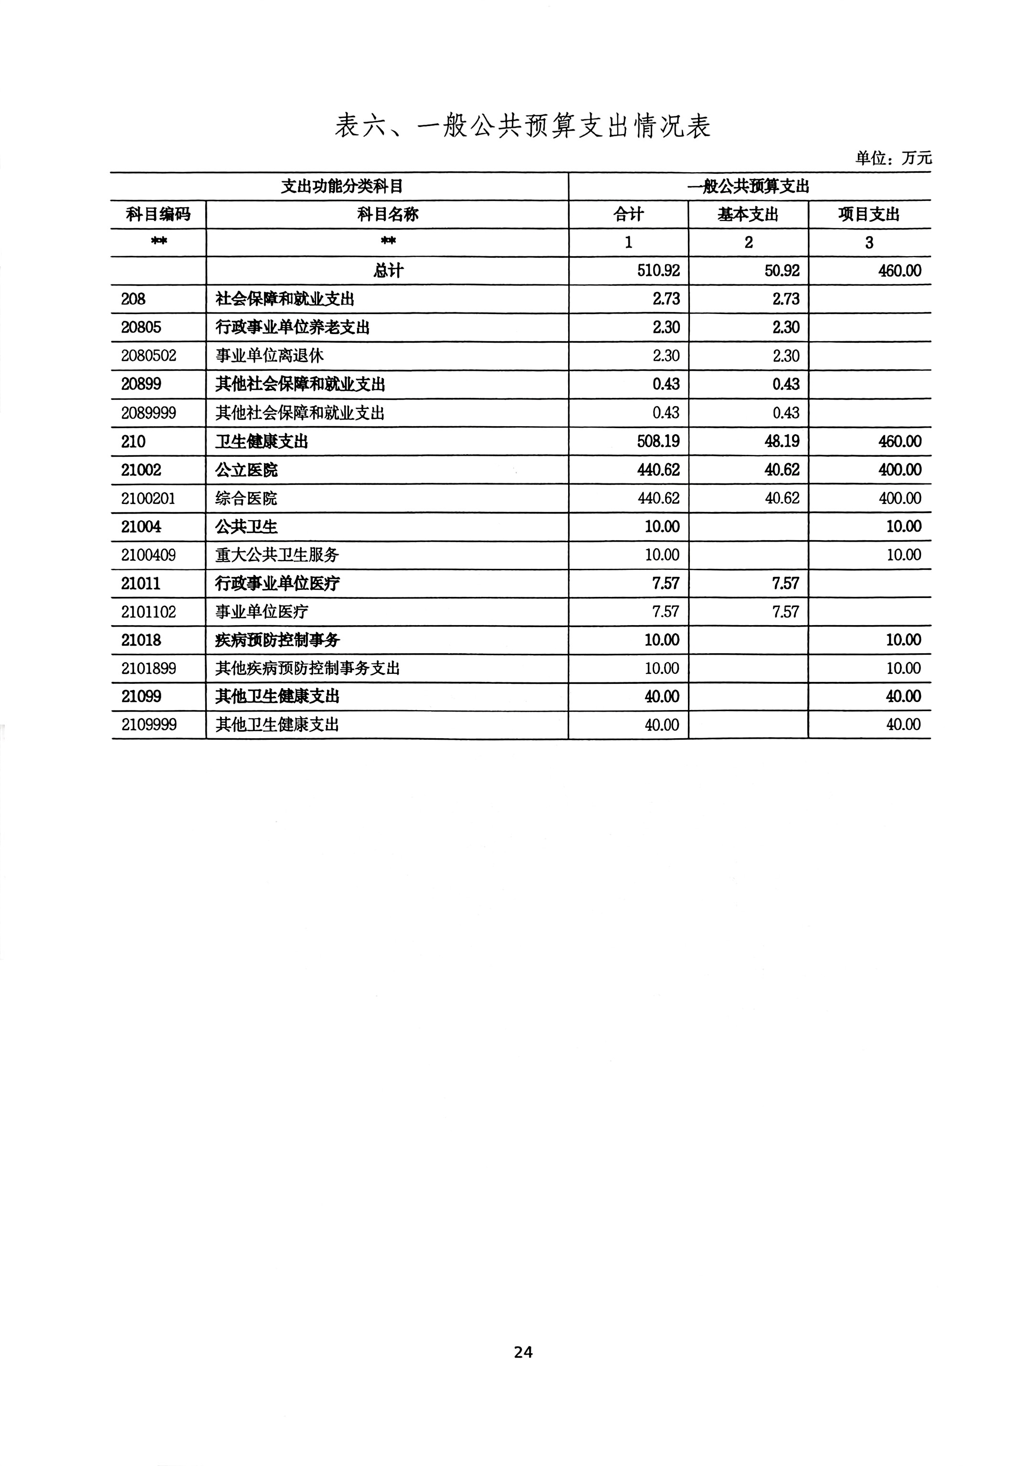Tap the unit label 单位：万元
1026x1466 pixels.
click(893, 157)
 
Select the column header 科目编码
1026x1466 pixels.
click(158, 215)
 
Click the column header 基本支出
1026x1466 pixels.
click(748, 215)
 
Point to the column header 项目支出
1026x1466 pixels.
click(869, 215)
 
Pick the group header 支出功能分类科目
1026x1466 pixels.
click(342, 187)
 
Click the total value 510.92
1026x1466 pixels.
click(658, 271)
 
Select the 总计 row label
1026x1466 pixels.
click(388, 271)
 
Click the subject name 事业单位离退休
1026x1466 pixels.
click(269, 356)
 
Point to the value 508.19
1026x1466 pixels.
click(658, 441)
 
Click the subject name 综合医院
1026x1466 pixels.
click(246, 498)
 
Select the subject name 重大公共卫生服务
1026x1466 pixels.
click(276, 555)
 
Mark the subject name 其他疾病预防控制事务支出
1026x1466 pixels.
click(307, 669)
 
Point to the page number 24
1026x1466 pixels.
click(523, 1352)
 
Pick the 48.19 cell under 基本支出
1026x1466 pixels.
click(782, 441)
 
